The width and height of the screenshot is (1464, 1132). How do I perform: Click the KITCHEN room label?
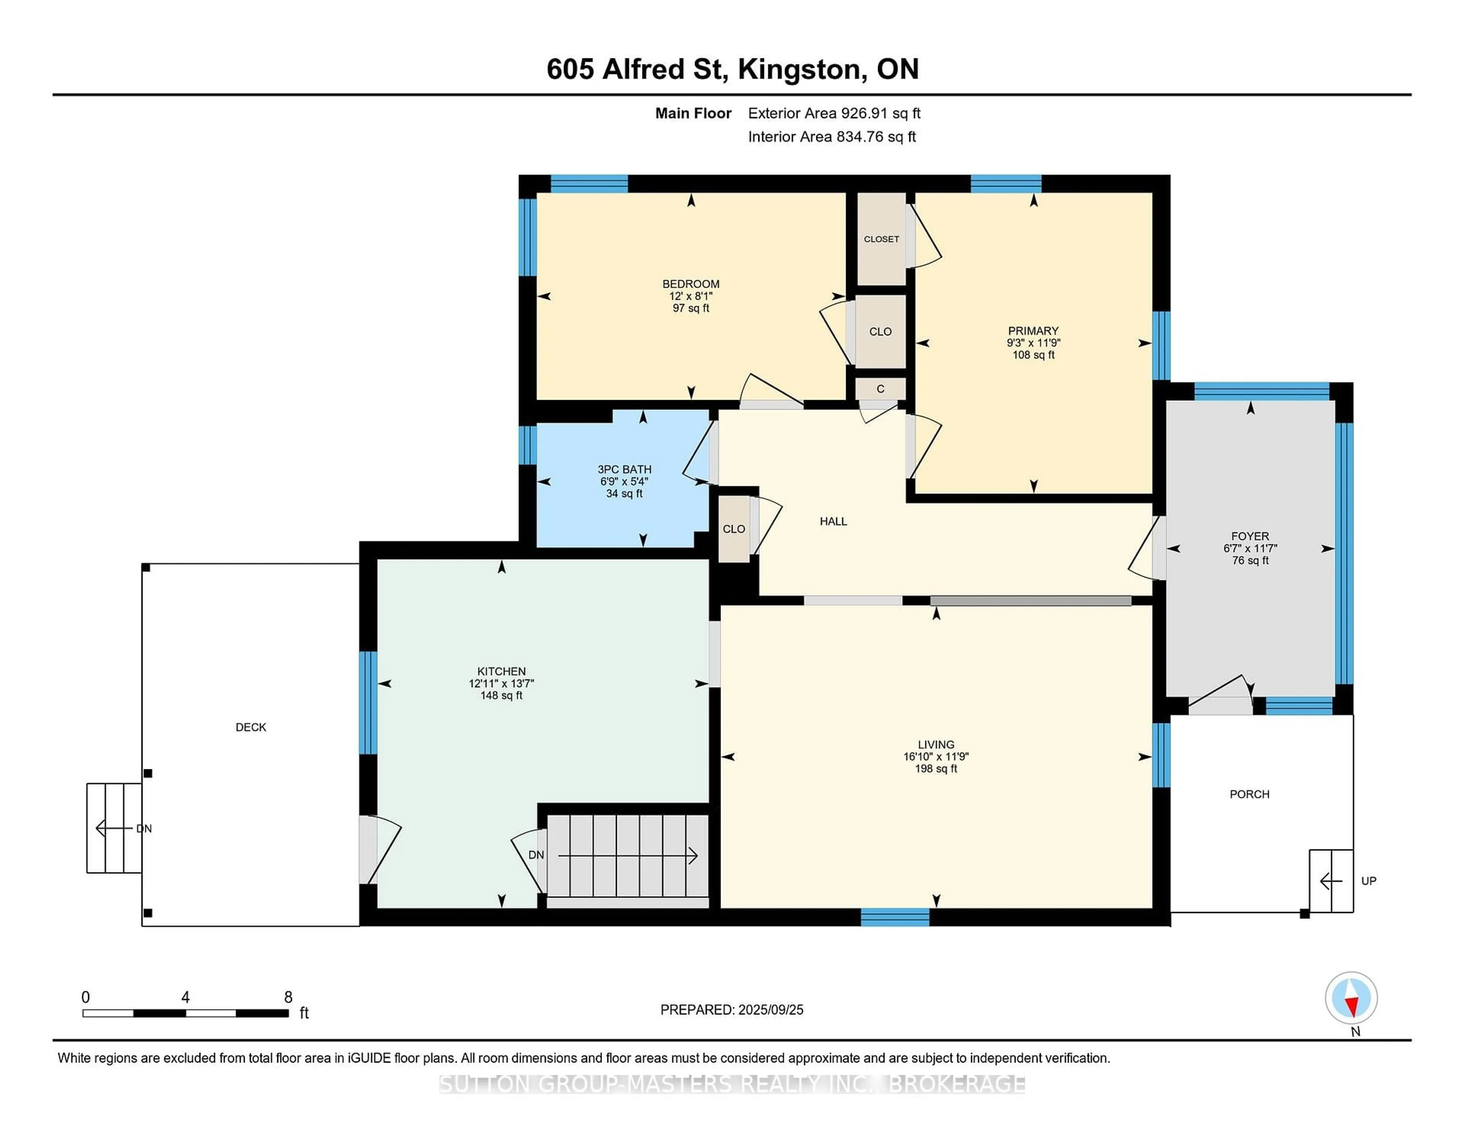point(501,671)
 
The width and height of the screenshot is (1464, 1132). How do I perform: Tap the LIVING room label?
point(936,744)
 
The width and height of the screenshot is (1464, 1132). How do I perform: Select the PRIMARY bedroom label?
point(1033,331)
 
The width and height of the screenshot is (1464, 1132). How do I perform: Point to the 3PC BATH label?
point(624,470)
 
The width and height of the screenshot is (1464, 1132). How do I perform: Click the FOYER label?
point(1249,536)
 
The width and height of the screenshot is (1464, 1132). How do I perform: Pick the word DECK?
point(251,727)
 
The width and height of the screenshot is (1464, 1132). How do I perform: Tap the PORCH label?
point(1249,794)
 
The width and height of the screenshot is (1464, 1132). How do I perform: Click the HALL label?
point(833,521)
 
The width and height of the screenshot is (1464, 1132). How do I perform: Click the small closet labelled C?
point(880,389)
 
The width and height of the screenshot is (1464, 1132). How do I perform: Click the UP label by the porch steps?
point(1369,881)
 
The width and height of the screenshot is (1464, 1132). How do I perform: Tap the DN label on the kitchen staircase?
point(536,855)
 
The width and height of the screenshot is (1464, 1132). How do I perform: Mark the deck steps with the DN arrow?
point(114,828)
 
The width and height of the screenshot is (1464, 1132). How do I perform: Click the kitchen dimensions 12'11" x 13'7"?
point(501,683)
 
